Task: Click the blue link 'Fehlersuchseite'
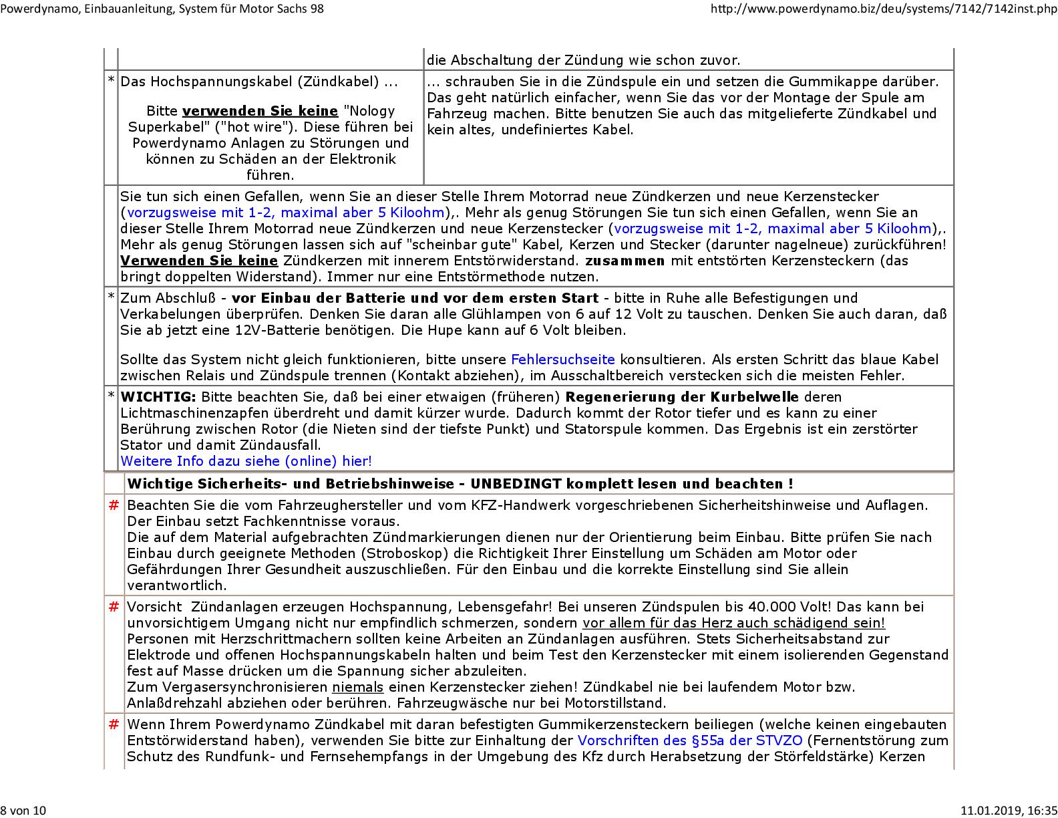[562, 360]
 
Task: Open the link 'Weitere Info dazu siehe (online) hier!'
[246, 461]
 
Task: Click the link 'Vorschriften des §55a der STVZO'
[690, 740]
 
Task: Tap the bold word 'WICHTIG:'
[158, 397]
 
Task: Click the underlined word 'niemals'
[358, 687]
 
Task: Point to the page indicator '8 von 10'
[23, 811]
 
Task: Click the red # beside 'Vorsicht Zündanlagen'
[114, 607]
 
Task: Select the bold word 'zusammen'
[625, 261]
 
